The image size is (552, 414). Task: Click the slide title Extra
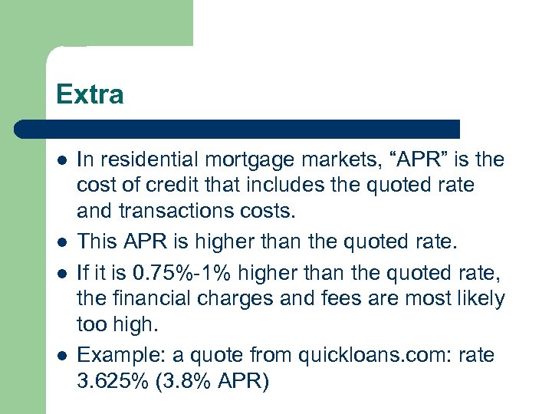pos(90,94)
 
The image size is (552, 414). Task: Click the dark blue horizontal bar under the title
pos(238,129)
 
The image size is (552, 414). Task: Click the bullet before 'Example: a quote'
pos(61,354)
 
